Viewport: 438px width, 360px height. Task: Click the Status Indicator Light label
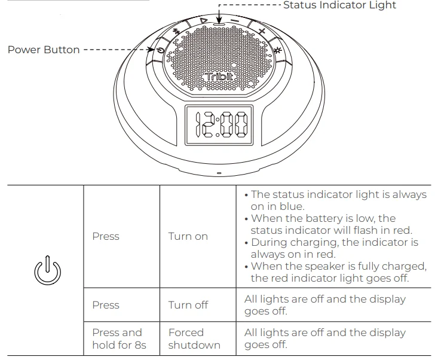coord(339,5)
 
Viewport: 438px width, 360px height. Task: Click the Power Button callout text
coord(43,50)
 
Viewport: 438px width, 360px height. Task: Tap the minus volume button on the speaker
coord(235,22)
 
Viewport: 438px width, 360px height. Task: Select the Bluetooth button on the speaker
coord(176,32)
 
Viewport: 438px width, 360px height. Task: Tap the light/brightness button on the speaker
coord(277,48)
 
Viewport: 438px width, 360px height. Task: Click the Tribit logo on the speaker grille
coord(219,77)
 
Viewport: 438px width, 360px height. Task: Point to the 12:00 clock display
coord(219,124)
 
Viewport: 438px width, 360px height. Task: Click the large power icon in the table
coord(47,271)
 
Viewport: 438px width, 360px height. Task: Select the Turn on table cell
coord(188,236)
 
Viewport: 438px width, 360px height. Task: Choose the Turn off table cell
coord(188,305)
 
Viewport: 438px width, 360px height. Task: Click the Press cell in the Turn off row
coord(106,305)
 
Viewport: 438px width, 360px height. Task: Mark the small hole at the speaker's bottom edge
coord(219,173)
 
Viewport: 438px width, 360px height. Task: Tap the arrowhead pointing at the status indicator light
coord(219,20)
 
